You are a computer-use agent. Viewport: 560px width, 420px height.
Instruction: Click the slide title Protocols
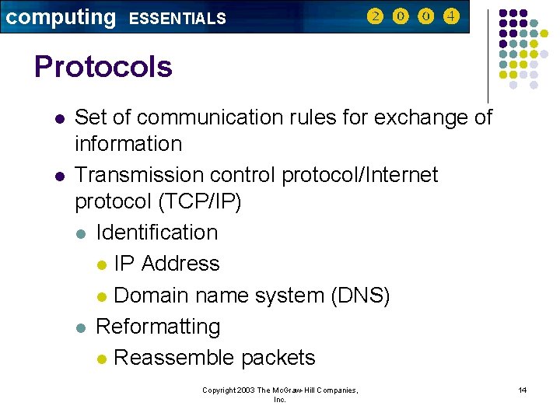[x=103, y=67]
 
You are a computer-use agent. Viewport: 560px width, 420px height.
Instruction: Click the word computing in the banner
[x=61, y=17]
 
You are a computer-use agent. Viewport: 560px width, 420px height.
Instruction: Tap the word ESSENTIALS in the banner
[x=177, y=19]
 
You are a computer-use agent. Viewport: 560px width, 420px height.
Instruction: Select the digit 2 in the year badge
[x=376, y=16]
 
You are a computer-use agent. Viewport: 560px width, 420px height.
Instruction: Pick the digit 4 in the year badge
[x=451, y=16]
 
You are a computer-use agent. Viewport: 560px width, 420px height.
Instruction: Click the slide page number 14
[x=523, y=390]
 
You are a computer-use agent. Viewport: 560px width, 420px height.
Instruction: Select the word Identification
[x=156, y=233]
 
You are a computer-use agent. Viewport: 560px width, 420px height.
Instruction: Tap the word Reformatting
[x=158, y=327]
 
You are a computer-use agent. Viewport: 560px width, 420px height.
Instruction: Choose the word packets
[x=278, y=358]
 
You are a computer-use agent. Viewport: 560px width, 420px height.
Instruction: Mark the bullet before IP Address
[x=102, y=265]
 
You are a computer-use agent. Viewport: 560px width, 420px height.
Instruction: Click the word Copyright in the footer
[x=219, y=390]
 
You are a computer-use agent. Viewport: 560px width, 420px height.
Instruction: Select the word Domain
[x=151, y=296]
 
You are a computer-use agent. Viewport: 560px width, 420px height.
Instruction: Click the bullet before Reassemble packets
[x=102, y=359]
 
